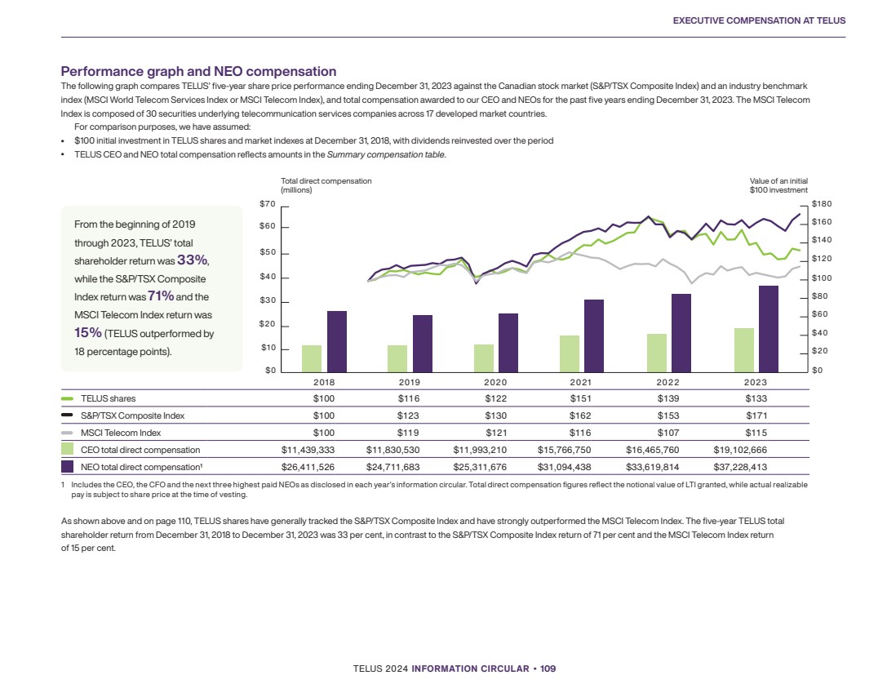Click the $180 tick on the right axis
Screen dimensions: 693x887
pos(822,203)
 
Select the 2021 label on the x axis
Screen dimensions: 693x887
pos(581,382)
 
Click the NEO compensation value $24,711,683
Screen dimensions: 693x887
pos(399,467)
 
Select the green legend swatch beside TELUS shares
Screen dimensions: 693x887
pos(68,399)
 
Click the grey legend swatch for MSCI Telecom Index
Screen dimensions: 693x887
pos(68,433)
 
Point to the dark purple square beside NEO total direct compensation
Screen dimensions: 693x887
pos(68,467)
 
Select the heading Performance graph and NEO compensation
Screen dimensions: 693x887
pos(199,72)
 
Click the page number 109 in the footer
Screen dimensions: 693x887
pos(548,669)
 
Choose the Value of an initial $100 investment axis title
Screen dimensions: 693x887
pos(778,185)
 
